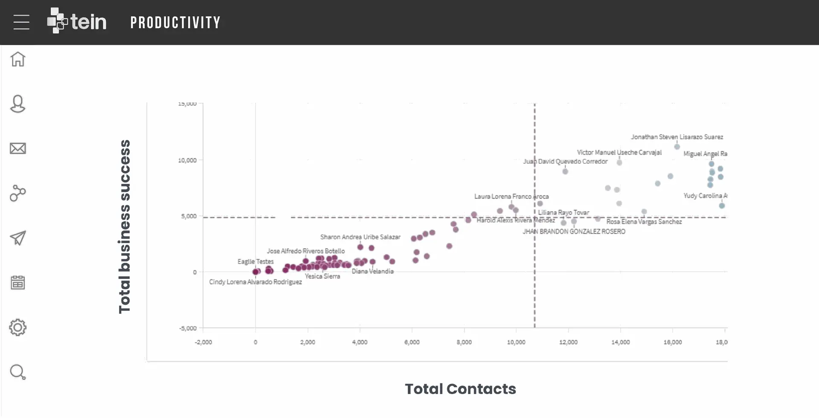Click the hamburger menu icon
(21, 22)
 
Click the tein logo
(77, 21)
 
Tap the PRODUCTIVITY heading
(175, 23)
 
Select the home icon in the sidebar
(18, 59)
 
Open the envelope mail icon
(18, 148)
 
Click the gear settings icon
(18, 328)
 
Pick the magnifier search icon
(18, 372)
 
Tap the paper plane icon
(18, 238)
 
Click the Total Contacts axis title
(460, 389)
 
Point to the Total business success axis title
(125, 226)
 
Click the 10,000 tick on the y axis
(187, 160)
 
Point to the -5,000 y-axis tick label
(188, 328)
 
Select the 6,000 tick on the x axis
(412, 342)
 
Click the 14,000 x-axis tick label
(620, 342)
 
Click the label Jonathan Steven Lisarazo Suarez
(677, 137)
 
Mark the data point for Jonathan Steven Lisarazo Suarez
(677, 147)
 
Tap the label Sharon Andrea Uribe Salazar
(360, 237)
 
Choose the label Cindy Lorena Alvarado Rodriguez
(255, 282)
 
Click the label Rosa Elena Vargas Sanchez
(644, 222)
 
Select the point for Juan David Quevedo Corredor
(565, 171)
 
